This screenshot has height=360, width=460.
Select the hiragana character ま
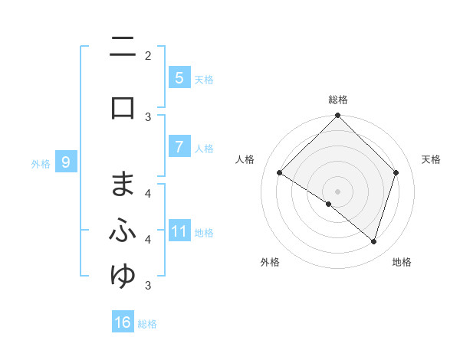tap(123, 185)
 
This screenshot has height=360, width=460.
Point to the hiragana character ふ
tap(123, 231)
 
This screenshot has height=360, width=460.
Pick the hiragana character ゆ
tap(123, 277)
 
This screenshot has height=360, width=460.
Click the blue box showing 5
tap(179, 78)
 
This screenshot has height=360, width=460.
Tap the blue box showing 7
tap(179, 148)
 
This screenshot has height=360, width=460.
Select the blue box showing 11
tap(179, 231)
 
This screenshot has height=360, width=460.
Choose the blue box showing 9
tap(66, 162)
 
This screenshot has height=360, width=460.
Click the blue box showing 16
tap(123, 322)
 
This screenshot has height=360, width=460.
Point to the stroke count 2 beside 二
tap(148, 55)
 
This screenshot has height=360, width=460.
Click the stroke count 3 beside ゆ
tap(148, 286)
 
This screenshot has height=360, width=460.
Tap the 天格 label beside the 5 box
tap(204, 79)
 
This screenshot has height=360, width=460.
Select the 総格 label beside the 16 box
tap(147, 324)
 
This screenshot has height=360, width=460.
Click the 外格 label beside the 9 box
tap(41, 163)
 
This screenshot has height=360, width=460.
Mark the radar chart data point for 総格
tap(337, 116)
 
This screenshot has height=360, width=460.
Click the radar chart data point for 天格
tap(396, 173)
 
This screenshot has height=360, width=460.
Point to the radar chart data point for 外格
tap(329, 205)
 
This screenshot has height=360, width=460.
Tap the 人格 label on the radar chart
tap(245, 159)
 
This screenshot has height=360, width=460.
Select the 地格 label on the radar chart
tap(402, 263)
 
